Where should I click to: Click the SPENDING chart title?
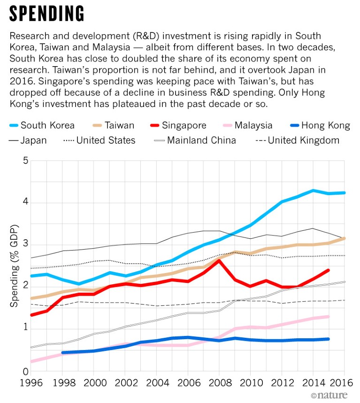[x=47, y=15]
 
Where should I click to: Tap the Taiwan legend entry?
[x=113, y=125]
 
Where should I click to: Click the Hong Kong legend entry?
[x=319, y=125]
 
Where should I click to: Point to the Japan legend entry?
[x=28, y=140]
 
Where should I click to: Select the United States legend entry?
[x=99, y=140]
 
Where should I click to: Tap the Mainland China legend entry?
[x=195, y=140]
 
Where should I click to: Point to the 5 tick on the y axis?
[x=26, y=161]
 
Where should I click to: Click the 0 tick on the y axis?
[x=26, y=372]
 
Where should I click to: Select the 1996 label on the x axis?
[x=31, y=383]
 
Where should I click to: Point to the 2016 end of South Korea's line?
[x=345, y=192]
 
